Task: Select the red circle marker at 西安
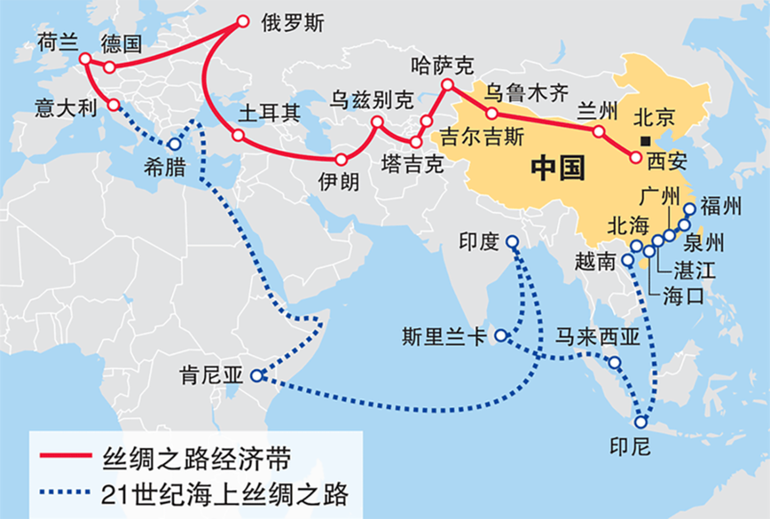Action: point(635,155)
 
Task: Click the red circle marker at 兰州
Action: point(599,131)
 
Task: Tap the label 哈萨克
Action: point(442,65)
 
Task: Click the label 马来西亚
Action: point(598,337)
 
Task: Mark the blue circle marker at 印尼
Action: point(641,421)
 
